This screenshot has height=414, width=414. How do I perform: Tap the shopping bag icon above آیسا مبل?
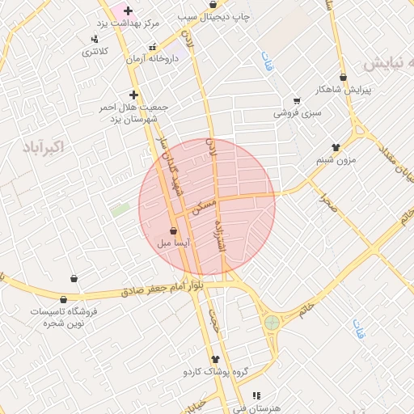coord(174,230)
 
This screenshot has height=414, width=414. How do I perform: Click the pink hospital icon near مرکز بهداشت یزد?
coord(127,11)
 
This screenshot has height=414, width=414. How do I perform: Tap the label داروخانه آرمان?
coord(151,58)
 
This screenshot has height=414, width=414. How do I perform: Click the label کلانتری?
coord(95,51)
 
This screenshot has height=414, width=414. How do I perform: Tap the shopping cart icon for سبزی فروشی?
coord(297,101)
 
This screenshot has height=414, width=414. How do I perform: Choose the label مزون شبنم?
coord(336,159)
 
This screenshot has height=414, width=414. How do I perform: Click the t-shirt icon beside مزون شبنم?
coord(336,147)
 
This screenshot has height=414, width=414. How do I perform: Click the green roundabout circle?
coord(272,323)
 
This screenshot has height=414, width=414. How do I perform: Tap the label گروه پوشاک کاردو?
coord(215,372)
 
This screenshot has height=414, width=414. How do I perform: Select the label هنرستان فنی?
coord(256,408)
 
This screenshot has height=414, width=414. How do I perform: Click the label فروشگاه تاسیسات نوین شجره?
coord(63,316)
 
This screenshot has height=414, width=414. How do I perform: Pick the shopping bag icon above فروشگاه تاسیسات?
coord(74,279)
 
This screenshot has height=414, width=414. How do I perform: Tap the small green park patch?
coord(120,209)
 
